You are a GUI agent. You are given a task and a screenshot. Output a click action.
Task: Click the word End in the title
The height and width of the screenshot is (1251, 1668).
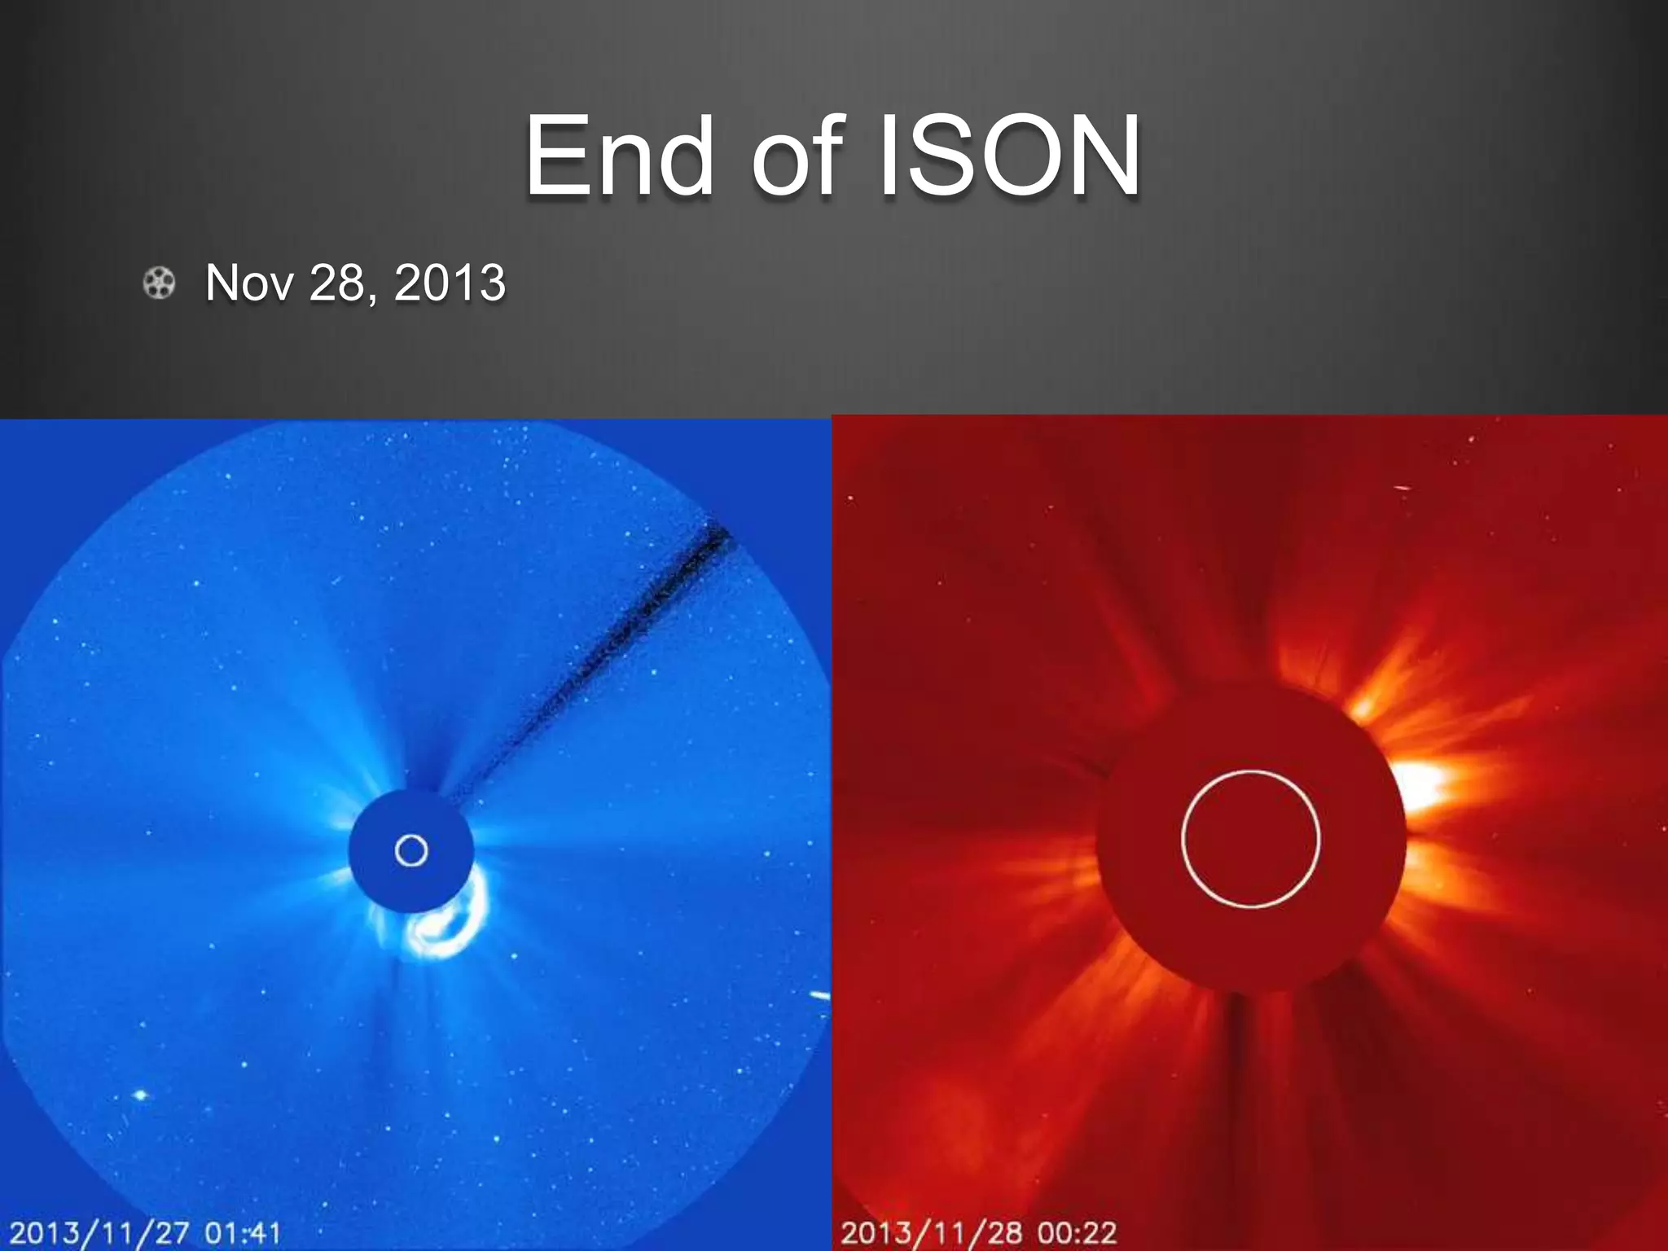click(619, 156)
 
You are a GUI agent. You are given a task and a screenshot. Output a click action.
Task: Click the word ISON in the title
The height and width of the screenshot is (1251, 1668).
click(1010, 156)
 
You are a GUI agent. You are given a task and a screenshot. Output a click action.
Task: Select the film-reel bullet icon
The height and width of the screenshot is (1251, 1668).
click(159, 283)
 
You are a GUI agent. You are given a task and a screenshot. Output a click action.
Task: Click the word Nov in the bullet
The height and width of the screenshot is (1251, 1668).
click(248, 283)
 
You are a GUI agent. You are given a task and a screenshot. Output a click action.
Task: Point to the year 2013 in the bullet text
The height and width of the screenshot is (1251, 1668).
click(450, 283)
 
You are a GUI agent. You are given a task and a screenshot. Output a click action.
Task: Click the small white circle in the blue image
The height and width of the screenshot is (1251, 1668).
click(411, 850)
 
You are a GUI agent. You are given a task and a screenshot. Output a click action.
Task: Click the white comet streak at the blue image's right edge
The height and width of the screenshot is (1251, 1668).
click(819, 996)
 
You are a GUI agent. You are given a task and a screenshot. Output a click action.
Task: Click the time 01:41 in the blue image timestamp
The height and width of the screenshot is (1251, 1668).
click(242, 1232)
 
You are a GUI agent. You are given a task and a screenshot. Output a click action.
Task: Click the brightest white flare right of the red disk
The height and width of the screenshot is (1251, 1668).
click(1421, 786)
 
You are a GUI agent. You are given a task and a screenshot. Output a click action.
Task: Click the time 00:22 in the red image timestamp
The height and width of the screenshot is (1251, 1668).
click(1076, 1232)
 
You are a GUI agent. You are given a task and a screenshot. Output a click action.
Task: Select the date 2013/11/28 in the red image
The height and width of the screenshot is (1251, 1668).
click(931, 1232)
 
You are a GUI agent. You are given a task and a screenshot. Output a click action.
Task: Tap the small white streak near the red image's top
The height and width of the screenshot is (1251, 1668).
click(1402, 489)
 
